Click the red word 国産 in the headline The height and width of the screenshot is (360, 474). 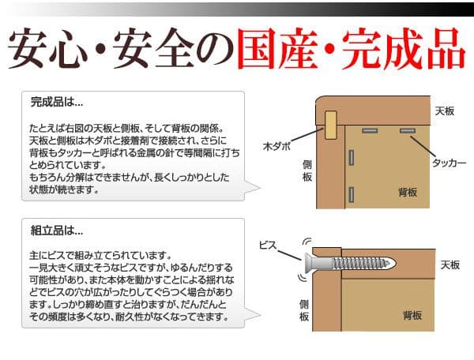[x=277, y=49]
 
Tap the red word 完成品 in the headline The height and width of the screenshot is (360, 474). [x=404, y=49]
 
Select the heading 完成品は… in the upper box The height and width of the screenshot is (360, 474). [x=57, y=102]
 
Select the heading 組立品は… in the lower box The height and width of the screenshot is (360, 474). [x=57, y=231]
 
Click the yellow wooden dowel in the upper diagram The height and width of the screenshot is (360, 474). [x=331, y=125]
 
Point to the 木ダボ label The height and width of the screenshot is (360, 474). [x=276, y=146]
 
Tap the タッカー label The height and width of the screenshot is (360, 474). [x=449, y=163]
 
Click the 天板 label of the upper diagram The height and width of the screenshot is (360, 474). [x=444, y=111]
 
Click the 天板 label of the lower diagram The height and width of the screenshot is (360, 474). [x=450, y=264]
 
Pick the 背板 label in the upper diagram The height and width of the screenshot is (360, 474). [x=408, y=192]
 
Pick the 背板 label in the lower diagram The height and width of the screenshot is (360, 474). [x=412, y=316]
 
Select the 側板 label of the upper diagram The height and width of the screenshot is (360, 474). [x=307, y=171]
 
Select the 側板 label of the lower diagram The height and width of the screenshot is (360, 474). [x=304, y=310]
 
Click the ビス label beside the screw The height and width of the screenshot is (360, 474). [x=268, y=246]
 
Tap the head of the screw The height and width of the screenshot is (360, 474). [x=309, y=263]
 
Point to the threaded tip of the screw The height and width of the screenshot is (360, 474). [x=390, y=263]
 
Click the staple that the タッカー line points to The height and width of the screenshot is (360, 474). [x=408, y=131]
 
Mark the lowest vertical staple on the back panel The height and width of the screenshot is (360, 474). [x=351, y=194]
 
